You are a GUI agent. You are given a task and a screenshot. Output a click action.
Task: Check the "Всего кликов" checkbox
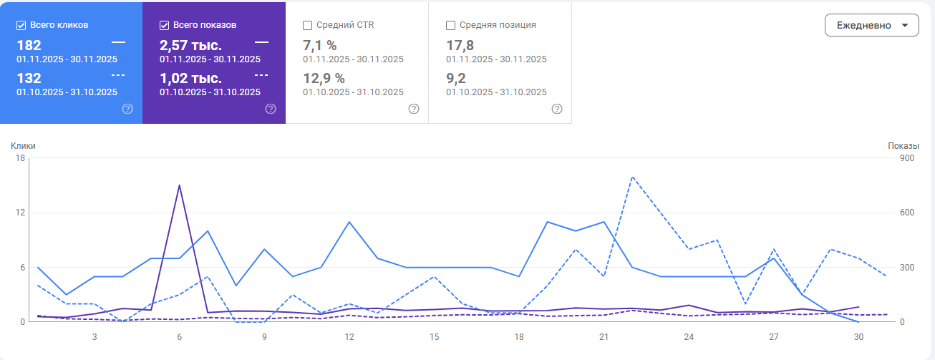21,25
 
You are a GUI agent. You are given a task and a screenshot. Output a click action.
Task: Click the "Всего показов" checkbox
165,25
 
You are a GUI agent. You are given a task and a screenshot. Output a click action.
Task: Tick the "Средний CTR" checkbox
308,25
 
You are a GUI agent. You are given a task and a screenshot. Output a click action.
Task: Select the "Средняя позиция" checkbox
451,25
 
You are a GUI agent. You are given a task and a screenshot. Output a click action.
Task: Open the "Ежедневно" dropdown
871,25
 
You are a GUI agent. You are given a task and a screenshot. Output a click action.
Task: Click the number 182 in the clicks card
29,46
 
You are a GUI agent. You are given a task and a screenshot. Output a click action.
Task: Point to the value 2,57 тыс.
190,46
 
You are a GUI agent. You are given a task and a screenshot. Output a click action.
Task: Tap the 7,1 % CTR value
319,46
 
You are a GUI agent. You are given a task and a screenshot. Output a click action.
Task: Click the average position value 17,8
459,46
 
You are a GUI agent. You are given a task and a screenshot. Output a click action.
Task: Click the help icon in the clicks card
127,109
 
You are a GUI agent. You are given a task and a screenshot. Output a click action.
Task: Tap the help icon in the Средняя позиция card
557,109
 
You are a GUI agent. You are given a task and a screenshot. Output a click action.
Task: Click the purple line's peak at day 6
179,185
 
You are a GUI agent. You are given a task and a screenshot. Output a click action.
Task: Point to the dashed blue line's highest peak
633,177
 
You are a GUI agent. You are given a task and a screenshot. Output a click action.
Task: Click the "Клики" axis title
23,146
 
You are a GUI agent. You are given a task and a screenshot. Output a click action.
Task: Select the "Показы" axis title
903,146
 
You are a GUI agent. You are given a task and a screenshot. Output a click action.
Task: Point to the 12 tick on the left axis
21,213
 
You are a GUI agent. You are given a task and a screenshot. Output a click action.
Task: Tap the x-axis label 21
604,336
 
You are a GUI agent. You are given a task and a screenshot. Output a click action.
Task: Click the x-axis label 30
858,336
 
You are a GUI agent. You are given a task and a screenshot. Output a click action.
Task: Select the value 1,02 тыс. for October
190,78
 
